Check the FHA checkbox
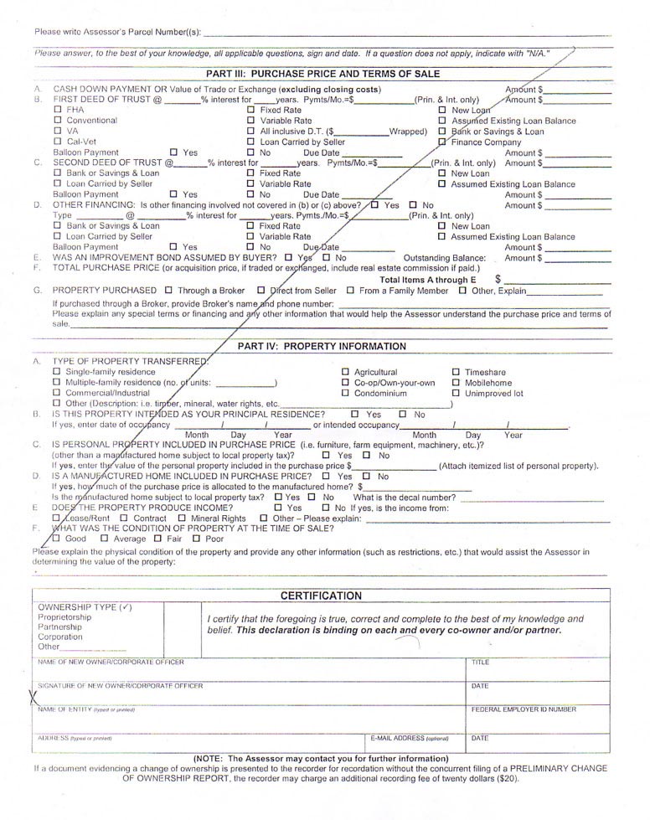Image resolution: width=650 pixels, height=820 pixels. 58,110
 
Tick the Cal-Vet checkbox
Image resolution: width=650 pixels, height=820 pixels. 58,142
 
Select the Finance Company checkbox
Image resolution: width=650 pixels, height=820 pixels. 442,142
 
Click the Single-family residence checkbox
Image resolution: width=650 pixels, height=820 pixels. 58,372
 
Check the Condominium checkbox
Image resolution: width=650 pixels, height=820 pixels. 346,394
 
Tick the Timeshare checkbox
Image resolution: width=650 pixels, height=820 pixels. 457,372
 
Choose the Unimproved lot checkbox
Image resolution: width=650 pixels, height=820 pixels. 457,394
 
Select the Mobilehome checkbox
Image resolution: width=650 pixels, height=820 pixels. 457,383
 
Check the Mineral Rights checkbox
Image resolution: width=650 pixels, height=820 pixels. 183,518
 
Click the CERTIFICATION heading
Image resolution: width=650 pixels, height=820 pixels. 321,596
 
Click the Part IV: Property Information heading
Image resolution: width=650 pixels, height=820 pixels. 322,346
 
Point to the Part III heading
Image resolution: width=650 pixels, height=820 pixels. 322,74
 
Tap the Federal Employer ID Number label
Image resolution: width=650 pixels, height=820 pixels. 524,709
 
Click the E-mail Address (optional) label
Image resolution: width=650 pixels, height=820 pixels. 410,739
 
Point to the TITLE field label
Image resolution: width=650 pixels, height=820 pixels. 480,662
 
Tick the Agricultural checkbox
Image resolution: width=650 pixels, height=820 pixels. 346,372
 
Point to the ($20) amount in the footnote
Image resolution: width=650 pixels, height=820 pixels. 506,778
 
